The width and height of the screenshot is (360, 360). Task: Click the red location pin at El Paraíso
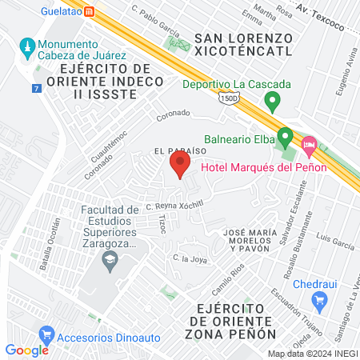[x=179, y=166]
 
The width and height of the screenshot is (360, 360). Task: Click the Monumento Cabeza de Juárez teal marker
[x=28, y=46]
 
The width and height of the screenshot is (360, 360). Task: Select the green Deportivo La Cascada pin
[x=273, y=101]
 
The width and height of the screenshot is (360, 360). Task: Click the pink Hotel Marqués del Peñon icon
[x=310, y=148]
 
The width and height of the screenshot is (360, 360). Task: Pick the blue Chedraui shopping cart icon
[x=321, y=301]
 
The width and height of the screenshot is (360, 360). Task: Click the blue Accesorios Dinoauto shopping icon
[x=46, y=334]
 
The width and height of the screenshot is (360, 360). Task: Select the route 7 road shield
[x=37, y=88]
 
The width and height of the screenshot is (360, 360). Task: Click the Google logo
[x=26, y=350]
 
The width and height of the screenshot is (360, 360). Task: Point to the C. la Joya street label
[x=190, y=258]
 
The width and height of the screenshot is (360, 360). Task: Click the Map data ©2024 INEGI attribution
[x=313, y=354]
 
